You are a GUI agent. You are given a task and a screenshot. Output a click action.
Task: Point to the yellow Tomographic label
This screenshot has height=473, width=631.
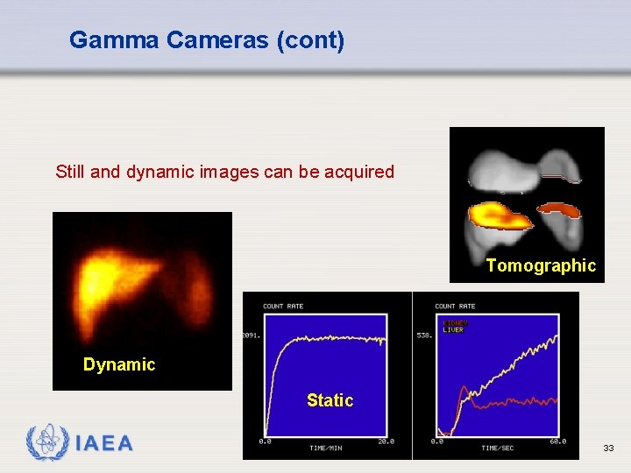[541, 266]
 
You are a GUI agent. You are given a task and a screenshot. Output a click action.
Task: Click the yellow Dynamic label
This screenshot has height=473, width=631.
[119, 365]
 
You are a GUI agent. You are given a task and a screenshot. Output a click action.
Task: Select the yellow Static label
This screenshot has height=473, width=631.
[330, 401]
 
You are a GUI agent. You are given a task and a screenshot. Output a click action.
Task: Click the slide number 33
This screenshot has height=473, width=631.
[608, 448]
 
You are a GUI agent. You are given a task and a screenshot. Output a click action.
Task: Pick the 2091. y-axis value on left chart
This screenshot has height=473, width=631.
[252, 335]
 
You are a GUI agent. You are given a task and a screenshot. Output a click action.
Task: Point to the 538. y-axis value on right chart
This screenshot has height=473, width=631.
[424, 335]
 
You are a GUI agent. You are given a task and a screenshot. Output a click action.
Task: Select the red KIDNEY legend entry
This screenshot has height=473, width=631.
[455, 323]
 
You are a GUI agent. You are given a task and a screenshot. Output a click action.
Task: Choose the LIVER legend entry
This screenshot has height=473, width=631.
[453, 330]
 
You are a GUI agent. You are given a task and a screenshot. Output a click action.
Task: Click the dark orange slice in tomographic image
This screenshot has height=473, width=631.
[559, 210]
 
